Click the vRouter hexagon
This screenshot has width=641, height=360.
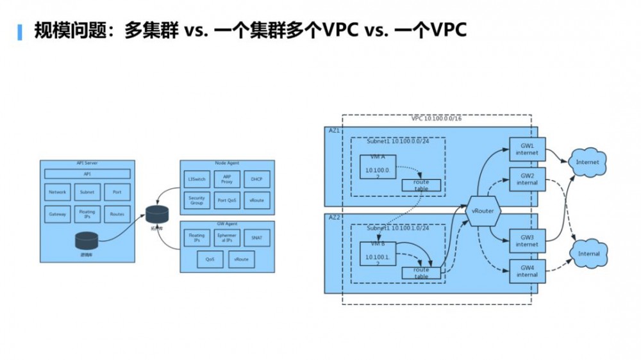tap(485, 211)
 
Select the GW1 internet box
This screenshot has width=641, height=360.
tap(527, 149)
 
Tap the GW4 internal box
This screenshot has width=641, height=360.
tap(527, 271)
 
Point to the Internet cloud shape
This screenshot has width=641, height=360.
tap(587, 162)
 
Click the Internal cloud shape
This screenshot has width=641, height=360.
tap(588, 254)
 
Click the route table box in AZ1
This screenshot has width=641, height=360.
tap(420, 185)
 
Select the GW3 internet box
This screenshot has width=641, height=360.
tap(527, 241)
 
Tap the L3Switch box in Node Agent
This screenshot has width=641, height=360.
tap(196, 177)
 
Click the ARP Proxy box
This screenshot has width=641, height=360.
tap(226, 177)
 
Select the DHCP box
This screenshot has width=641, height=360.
tap(257, 177)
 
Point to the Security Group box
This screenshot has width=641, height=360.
tap(196, 200)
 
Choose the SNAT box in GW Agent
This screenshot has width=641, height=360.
tap(257, 238)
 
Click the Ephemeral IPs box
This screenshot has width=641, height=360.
tap(226, 238)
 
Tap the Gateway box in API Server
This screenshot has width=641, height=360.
tap(57, 215)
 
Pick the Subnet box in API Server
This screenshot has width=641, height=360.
tap(87, 192)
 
